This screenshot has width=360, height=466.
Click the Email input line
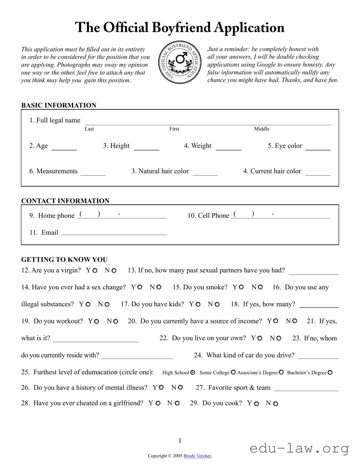point(114,234)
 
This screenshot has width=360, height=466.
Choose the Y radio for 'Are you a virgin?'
point(95,271)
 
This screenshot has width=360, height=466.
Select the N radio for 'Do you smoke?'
point(260,287)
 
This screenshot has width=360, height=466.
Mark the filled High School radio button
point(193,373)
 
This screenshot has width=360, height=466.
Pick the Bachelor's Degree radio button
point(330,373)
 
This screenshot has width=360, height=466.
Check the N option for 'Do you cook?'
point(276,404)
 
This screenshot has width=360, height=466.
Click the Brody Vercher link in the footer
point(197,456)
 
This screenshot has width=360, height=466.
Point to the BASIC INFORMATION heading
point(59,105)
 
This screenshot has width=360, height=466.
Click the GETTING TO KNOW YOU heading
point(64,260)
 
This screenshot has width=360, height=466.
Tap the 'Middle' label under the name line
point(262,129)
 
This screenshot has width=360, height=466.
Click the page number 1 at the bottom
point(180,441)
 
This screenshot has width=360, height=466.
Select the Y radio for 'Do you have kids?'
point(198,305)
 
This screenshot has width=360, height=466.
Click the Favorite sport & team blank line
point(306,389)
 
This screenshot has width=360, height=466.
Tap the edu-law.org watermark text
point(299,448)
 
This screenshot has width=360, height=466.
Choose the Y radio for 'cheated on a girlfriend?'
point(158,404)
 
